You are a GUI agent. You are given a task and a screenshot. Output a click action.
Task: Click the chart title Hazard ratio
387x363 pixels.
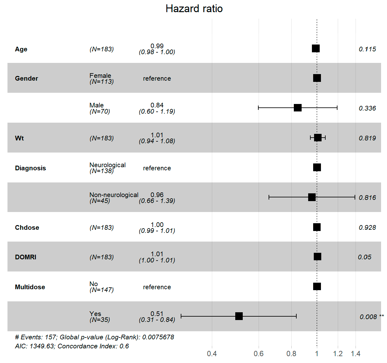(194, 9)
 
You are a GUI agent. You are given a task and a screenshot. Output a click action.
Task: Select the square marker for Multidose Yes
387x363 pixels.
(239, 316)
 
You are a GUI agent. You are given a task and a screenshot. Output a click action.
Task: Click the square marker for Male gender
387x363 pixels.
(298, 108)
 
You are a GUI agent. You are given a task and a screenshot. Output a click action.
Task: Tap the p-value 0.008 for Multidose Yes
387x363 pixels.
(368, 317)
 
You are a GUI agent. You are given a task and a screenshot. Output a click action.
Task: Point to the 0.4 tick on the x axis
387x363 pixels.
(212, 354)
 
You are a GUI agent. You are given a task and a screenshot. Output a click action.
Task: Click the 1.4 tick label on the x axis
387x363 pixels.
(356, 354)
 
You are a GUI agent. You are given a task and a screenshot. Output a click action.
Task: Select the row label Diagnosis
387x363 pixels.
(30, 168)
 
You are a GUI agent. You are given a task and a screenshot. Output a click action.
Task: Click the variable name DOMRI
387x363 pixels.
(26, 257)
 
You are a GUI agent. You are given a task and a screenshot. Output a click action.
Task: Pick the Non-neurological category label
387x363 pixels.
(114, 195)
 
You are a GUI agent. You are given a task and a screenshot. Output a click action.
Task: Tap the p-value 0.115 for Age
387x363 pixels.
(367, 49)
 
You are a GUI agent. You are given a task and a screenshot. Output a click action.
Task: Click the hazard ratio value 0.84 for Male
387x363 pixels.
(157, 105)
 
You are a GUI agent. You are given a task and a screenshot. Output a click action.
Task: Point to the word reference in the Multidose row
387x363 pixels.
(157, 287)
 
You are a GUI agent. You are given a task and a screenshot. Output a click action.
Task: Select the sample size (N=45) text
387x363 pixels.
(100, 201)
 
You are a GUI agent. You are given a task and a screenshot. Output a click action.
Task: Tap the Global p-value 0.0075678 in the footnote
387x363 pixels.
(158, 337)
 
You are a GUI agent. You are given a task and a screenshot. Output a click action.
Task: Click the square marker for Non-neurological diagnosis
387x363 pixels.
(312, 197)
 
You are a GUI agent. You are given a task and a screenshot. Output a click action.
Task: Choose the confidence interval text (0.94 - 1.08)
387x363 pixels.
(157, 141)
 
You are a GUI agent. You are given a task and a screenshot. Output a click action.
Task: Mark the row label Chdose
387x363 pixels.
(27, 228)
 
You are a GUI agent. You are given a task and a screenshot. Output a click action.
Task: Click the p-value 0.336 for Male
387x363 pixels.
(367, 108)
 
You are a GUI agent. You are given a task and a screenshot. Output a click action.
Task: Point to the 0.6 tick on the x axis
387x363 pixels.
(258, 354)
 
